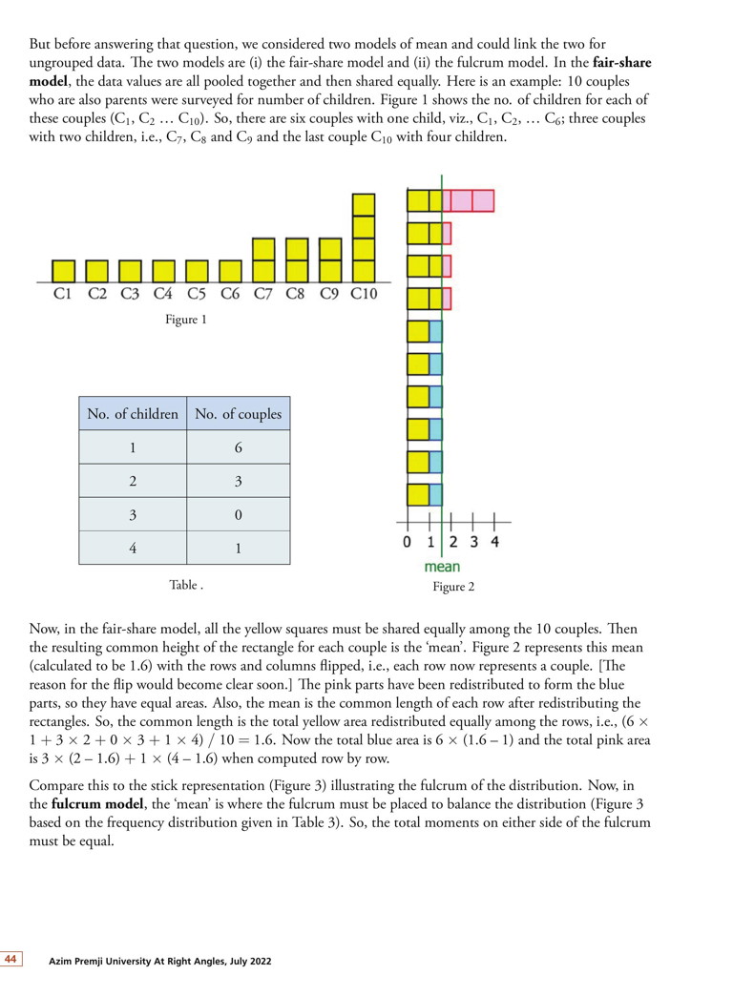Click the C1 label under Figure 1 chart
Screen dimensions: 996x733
click(62, 295)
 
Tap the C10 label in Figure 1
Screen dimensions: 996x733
click(364, 295)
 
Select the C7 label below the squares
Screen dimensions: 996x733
click(263, 295)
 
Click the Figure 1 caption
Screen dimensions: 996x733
click(185, 321)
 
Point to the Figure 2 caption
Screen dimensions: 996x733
click(453, 587)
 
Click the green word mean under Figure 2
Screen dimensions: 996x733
click(442, 567)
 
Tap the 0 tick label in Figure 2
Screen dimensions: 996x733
click(408, 543)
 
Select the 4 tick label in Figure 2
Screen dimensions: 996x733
click(494, 543)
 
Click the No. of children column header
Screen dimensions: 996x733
click(133, 414)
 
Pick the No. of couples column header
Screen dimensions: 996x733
click(239, 414)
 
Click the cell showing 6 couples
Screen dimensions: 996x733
click(239, 447)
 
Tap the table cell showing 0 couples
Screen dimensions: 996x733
click(239, 515)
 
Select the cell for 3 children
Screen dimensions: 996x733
click(133, 515)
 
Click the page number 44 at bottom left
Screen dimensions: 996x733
click(11, 959)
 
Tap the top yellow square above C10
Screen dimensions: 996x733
click(364, 205)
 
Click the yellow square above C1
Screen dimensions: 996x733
click(63, 272)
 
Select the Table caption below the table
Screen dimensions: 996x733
click(185, 584)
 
